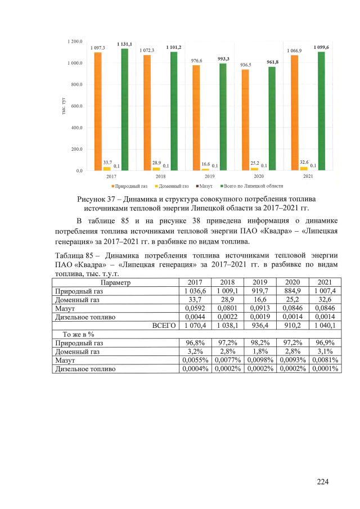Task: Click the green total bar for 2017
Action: pyautogui.click(x=124, y=110)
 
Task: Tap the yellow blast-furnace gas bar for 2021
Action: pyautogui.click(x=304, y=168)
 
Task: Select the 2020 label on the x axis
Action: pyautogui.click(x=259, y=177)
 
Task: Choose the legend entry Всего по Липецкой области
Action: pyautogui.click(x=250, y=186)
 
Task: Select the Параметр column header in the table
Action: pyautogui.click(x=115, y=282)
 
